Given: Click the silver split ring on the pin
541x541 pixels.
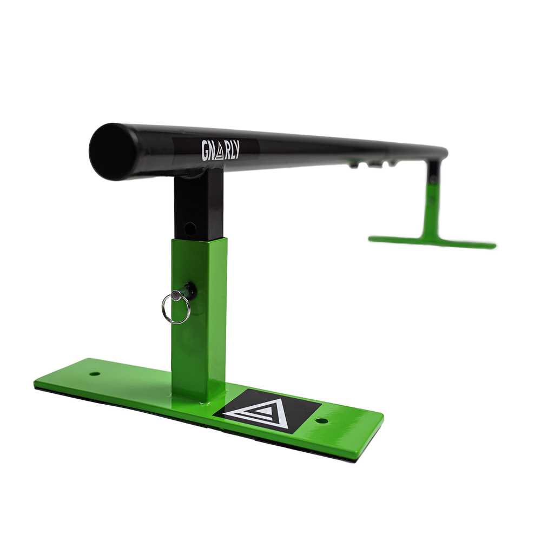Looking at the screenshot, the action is click(x=176, y=308).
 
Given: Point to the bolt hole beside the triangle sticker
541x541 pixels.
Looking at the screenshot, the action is click(x=321, y=421).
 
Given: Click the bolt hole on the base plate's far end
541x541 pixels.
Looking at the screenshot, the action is click(x=94, y=374).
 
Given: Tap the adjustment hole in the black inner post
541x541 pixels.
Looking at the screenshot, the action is click(x=190, y=227).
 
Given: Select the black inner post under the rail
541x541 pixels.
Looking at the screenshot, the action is click(x=198, y=205).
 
